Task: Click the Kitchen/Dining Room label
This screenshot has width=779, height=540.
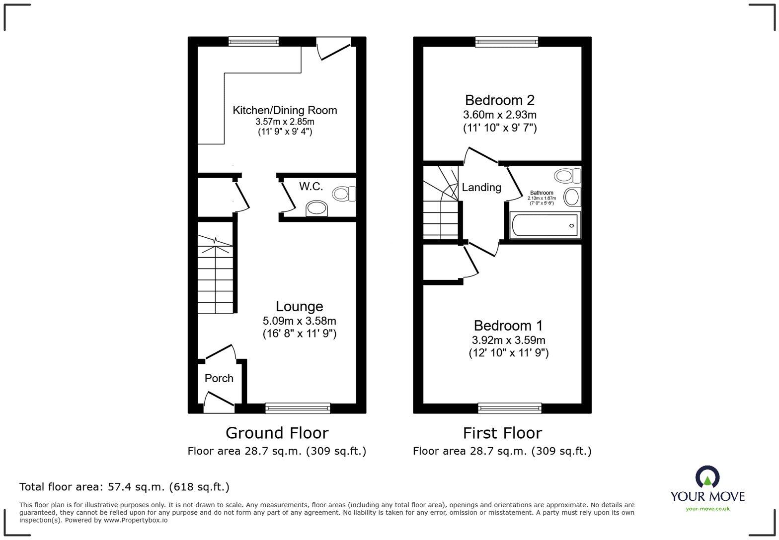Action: [x=285, y=110]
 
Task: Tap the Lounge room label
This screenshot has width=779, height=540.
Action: [x=299, y=306]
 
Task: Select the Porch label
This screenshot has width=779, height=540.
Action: [x=219, y=378]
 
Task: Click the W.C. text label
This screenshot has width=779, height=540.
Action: [x=311, y=187]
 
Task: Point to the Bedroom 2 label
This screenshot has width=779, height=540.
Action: [x=499, y=100]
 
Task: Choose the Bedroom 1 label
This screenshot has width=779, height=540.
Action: [x=508, y=326]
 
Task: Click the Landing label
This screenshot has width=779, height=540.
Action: [x=481, y=188]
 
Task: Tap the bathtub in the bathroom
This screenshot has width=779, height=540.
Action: [x=545, y=226]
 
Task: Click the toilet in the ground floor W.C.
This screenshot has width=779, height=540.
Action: [x=343, y=194]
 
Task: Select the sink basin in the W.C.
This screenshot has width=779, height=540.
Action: [x=317, y=208]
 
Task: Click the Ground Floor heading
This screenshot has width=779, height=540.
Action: [x=277, y=433]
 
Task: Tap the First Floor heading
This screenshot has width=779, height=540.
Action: [x=502, y=433]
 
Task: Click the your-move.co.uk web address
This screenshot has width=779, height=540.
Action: [x=707, y=509]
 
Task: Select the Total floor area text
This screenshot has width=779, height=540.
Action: [x=124, y=487]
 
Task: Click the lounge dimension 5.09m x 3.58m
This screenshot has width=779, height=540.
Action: [x=299, y=321]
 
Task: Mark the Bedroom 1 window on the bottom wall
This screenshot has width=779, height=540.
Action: [x=510, y=408]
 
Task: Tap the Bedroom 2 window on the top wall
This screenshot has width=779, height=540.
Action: [x=506, y=42]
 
